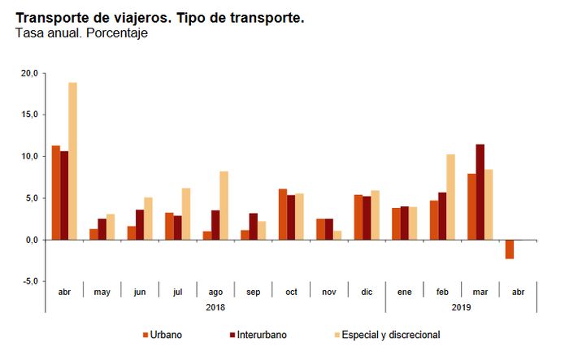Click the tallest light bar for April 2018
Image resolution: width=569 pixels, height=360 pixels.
(x=72, y=161)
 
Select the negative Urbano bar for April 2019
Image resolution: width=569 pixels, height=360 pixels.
(x=510, y=249)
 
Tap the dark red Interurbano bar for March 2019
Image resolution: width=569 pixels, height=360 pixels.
(x=480, y=192)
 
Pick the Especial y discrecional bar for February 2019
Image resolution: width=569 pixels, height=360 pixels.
(x=450, y=197)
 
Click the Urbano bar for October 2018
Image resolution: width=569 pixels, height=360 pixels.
(x=283, y=215)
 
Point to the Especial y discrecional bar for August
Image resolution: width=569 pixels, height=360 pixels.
(x=224, y=206)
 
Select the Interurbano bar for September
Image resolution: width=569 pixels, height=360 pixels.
(x=254, y=227)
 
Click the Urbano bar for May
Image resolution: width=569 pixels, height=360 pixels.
(x=93, y=234)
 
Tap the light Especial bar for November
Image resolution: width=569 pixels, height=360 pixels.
(x=337, y=235)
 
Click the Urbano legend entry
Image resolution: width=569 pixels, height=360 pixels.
(x=163, y=335)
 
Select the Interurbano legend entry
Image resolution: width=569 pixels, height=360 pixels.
(x=258, y=335)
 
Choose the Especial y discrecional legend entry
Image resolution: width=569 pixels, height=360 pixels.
(x=387, y=335)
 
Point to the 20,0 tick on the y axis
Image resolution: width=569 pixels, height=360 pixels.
(x=29, y=73)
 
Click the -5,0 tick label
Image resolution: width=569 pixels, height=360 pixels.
(x=29, y=281)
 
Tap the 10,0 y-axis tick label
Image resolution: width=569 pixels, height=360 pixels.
(x=29, y=156)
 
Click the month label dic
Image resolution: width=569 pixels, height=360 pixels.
(x=367, y=292)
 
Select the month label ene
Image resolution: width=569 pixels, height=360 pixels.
(x=404, y=292)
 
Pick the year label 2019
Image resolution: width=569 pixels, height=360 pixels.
(x=461, y=307)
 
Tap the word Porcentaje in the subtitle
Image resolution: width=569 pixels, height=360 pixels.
(x=117, y=33)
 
